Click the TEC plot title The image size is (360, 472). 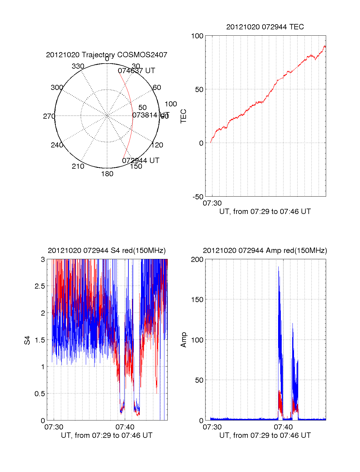pos(265,27)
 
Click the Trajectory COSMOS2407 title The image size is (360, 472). pos(106,55)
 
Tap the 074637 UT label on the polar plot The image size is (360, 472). pos(136,71)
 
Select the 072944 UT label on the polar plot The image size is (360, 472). pos(141,160)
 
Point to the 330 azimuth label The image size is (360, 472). pos(78,66)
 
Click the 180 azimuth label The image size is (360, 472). pos(107,174)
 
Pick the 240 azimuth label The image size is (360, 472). pos(57,145)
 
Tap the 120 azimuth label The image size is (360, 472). pos(157,145)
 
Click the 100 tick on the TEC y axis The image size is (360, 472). pos(197,36)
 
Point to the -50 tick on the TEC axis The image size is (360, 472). pos(198,197)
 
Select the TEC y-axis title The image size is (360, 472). pos(183,116)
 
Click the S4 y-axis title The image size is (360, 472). pos(27,340)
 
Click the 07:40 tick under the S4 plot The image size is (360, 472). pos(125,427)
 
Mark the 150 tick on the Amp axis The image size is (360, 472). pos(197,300)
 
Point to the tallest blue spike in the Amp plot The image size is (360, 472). pos(278,267)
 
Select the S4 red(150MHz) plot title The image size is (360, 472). pos(106,251)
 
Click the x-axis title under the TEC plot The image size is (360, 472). pos(265,212)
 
